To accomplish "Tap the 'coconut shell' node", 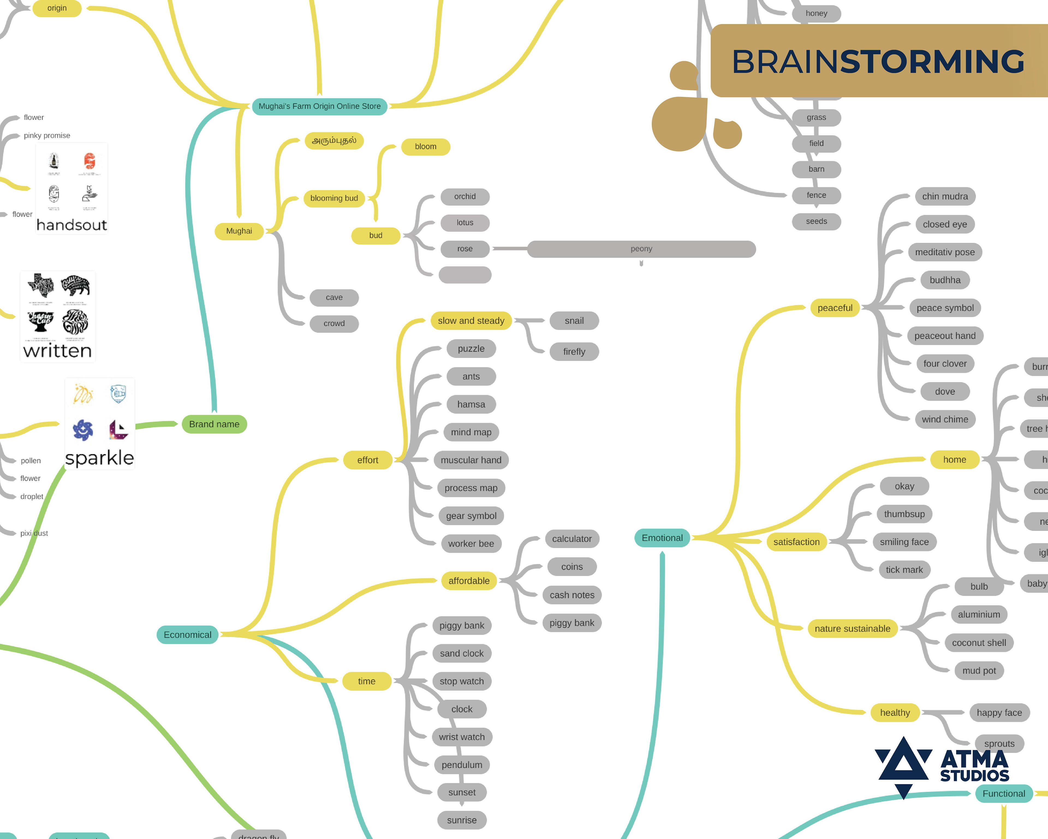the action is pos(978,643).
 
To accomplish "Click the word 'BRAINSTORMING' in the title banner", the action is pos(878,62).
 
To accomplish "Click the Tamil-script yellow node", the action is pos(334,141).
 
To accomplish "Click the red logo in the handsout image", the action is pos(90,161).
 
